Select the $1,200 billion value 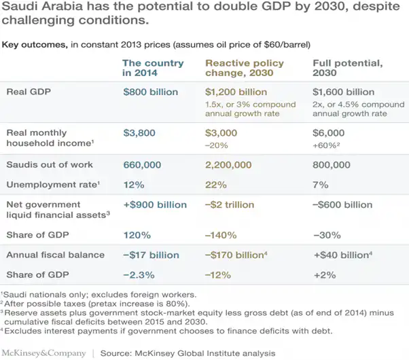[236, 92]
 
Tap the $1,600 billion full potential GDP [343, 92]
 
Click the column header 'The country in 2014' [153, 68]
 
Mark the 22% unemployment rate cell [215, 184]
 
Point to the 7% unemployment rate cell [321, 184]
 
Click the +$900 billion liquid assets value [154, 204]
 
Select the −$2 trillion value [230, 204]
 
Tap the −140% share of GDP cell [220, 235]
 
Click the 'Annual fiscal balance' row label [56, 255]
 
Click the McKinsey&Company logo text [43, 353]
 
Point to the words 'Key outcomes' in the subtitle [32, 45]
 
